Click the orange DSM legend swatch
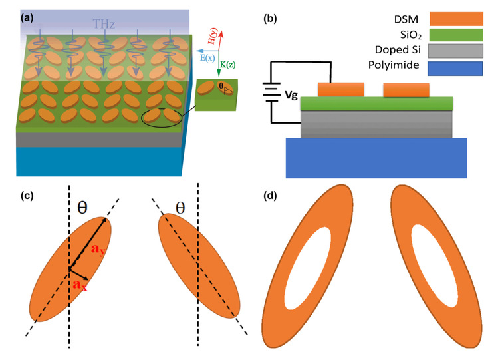[456, 19]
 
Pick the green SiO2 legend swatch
[456, 37]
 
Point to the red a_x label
[80, 285]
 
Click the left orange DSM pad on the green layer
[341, 89]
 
